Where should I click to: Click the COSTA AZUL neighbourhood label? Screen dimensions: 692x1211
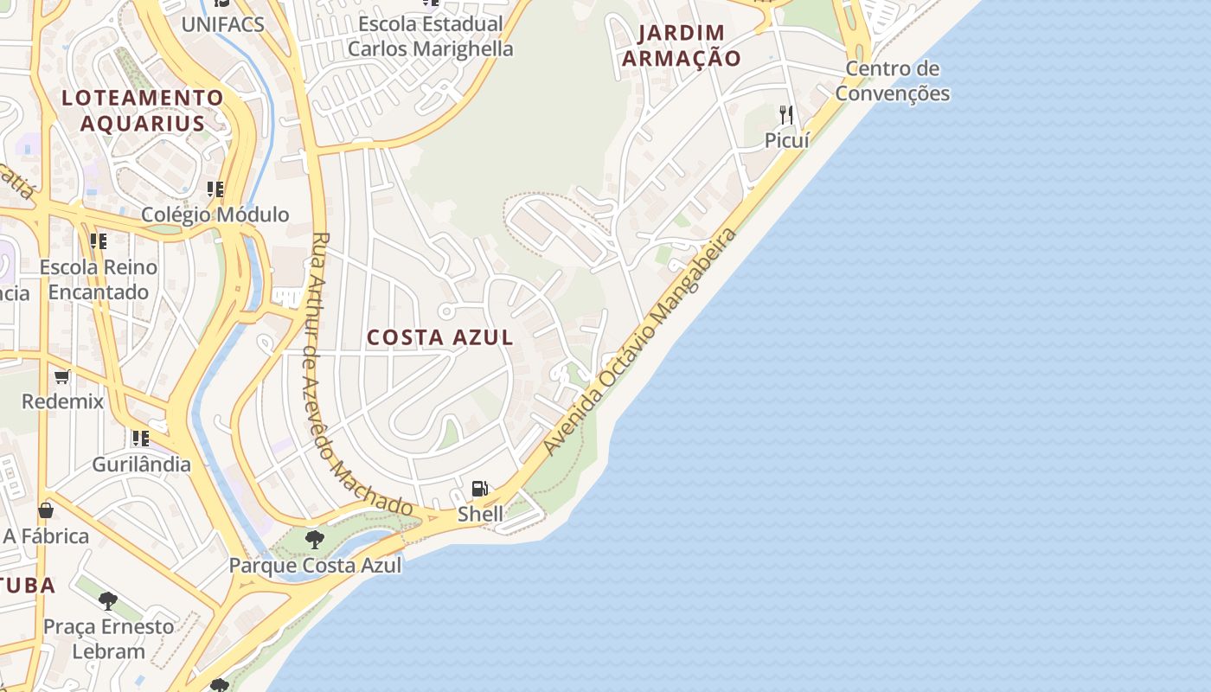[440, 337]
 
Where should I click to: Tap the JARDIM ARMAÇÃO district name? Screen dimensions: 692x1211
[682, 46]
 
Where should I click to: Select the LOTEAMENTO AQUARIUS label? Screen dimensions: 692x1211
[143, 110]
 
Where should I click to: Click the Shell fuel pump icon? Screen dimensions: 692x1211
[480, 489]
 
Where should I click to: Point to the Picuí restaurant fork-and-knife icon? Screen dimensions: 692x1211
[786, 113]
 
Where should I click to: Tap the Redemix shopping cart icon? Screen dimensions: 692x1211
[62, 376]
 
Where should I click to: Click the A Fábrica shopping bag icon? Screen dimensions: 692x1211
[46, 510]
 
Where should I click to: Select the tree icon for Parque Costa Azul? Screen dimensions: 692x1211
[315, 540]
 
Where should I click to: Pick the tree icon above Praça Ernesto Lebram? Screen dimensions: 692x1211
[108, 600]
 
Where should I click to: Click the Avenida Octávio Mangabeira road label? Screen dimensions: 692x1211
[642, 341]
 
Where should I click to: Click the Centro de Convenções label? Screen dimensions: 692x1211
[893, 80]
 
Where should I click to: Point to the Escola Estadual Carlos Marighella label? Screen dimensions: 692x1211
[430, 36]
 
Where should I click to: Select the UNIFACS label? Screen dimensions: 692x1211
[222, 24]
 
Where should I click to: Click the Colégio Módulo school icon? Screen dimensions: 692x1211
[215, 189]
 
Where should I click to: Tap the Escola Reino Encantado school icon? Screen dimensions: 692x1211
[99, 240]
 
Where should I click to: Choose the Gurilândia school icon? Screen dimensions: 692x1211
[141, 439]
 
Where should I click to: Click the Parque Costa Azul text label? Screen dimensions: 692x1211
[315, 566]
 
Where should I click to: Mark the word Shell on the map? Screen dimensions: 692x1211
[480, 514]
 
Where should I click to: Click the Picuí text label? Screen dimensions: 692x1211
[786, 139]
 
